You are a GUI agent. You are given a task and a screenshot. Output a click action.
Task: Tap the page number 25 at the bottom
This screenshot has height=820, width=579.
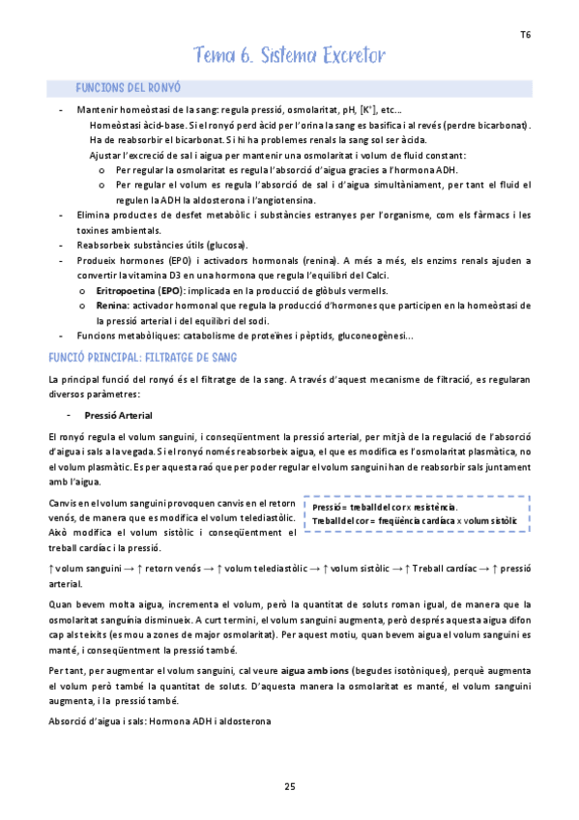[289, 785]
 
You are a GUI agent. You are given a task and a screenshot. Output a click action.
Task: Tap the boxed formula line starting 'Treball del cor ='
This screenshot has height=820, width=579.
[416, 521]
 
